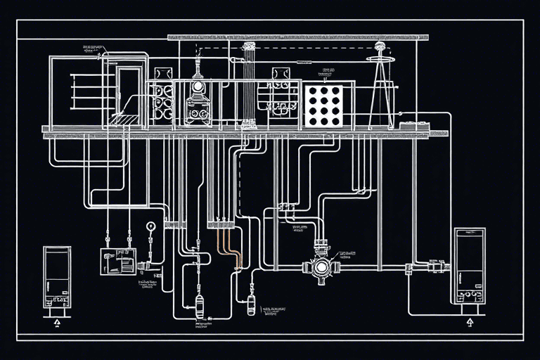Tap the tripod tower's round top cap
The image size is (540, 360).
(x=380, y=47)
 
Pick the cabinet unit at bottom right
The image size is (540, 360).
(x=469, y=270)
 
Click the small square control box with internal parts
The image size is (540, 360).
(x=117, y=261)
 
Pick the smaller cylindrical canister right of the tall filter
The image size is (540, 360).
(x=251, y=304)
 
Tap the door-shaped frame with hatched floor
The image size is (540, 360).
(x=129, y=95)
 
